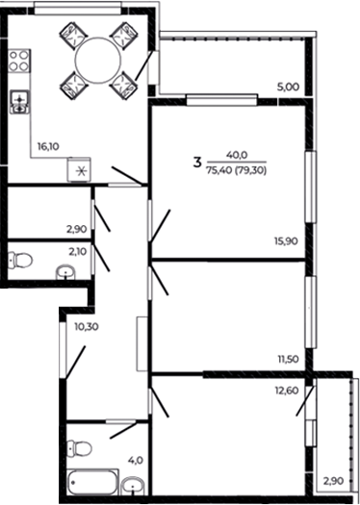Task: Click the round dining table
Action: point(98,61)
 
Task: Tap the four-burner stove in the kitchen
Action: point(19,61)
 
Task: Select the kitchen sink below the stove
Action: point(20,102)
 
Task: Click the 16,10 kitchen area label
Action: point(48,147)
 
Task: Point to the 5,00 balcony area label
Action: point(288,87)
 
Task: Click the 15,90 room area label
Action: point(286,240)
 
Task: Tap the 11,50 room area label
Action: point(288,359)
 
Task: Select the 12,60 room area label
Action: point(287,391)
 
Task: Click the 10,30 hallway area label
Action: point(87,327)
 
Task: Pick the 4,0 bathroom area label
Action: point(136,461)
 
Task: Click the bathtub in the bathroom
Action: point(92,482)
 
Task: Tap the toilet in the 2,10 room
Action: point(20,261)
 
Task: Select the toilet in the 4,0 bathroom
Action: point(80,448)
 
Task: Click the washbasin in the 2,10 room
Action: point(66,272)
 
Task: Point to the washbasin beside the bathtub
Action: point(133,486)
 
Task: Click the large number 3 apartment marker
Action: point(197,163)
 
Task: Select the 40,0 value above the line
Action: point(237,155)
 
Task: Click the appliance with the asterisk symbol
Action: point(79,169)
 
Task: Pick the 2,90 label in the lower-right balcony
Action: point(334,481)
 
